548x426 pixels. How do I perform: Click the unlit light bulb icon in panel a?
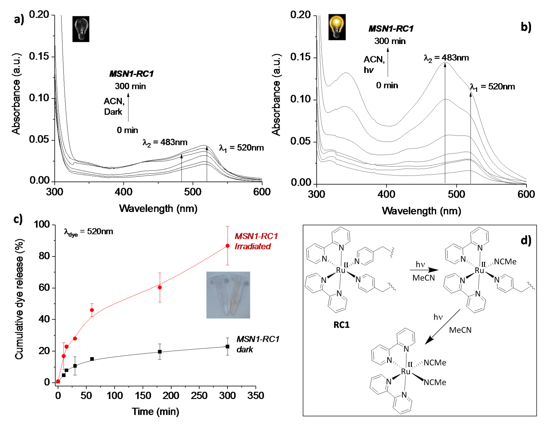pyautogui.click(x=81, y=29)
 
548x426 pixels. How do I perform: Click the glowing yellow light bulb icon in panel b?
pyautogui.click(x=337, y=27)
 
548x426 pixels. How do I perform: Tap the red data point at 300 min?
pyautogui.click(x=227, y=246)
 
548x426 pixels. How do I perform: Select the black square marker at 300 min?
pyautogui.click(x=227, y=346)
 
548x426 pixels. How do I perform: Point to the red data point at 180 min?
pyautogui.click(x=160, y=287)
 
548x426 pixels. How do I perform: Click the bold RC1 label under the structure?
pyautogui.click(x=341, y=325)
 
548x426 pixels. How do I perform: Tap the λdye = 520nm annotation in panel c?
pyautogui.click(x=88, y=232)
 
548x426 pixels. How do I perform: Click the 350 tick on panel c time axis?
pyautogui.click(x=255, y=396)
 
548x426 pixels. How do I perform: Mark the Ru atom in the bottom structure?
pyautogui.click(x=405, y=372)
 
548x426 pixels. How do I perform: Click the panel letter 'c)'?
pyautogui.click(x=18, y=219)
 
